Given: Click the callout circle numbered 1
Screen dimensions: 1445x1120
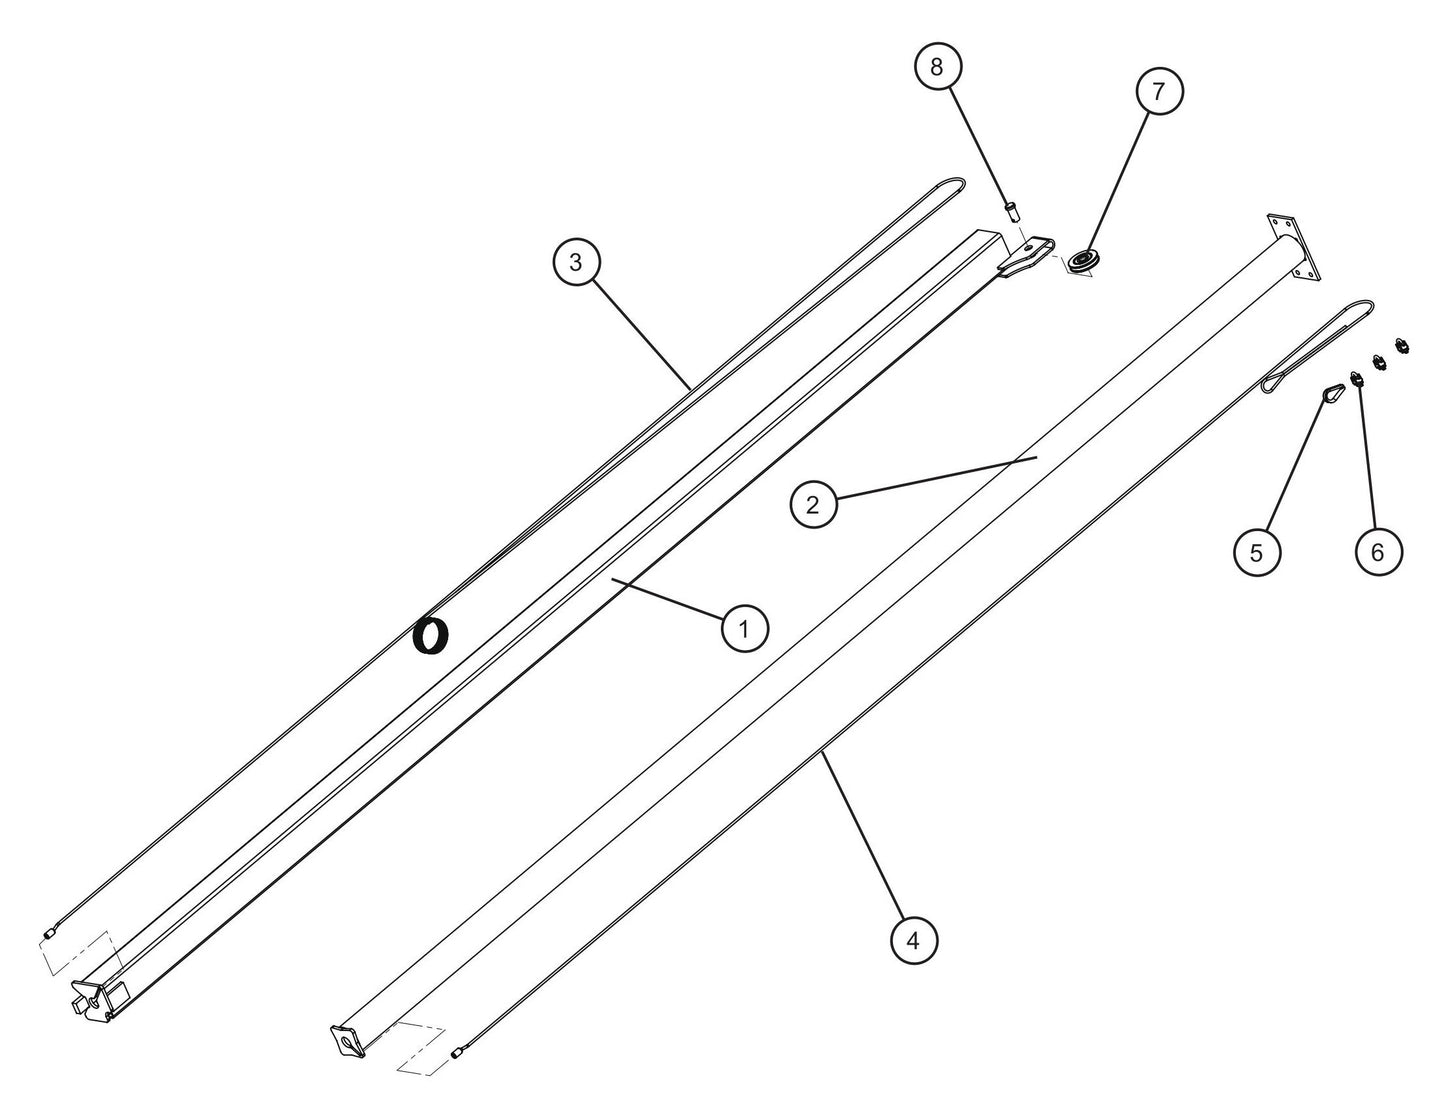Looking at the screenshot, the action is click(x=744, y=628).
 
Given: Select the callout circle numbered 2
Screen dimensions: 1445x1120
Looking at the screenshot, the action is click(x=813, y=505).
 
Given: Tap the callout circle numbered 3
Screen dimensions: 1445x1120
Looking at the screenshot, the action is click(x=577, y=263).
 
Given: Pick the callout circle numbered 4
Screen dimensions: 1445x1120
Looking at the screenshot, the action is click(x=914, y=941).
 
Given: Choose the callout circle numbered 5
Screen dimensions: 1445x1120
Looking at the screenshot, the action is click(x=1256, y=552).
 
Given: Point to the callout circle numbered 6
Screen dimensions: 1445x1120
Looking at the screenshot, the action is click(x=1378, y=552).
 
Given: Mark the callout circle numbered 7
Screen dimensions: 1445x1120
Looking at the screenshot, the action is click(x=1158, y=91).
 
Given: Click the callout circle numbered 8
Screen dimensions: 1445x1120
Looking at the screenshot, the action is click(x=936, y=66).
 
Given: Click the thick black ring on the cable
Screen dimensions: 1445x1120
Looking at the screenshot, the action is click(x=431, y=636).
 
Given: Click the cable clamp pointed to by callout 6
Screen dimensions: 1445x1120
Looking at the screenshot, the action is click(x=1356, y=381).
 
